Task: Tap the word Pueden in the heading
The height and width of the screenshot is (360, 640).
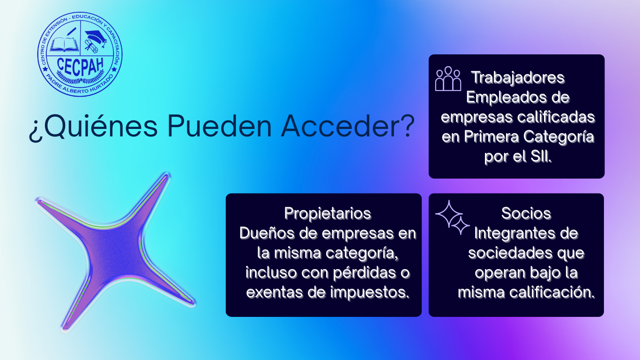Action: click(x=218, y=127)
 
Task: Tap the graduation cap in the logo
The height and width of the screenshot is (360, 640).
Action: click(x=96, y=37)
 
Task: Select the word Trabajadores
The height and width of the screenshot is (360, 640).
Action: click(x=518, y=77)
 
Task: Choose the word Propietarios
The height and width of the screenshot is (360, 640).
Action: click(x=327, y=213)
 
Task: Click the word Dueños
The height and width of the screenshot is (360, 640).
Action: click(x=266, y=233)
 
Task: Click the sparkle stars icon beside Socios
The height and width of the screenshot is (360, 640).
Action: click(x=452, y=217)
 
